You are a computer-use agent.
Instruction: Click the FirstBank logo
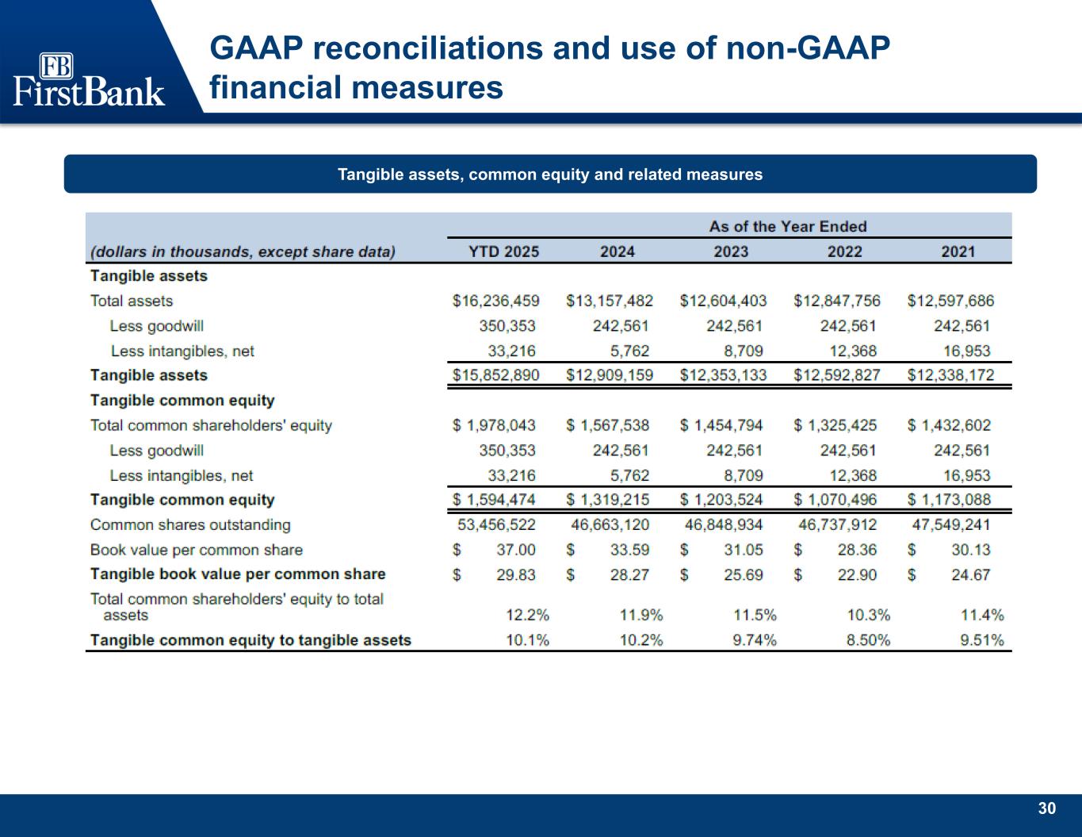point(89,79)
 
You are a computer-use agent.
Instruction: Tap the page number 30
point(1047,808)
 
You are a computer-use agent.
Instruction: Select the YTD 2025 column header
point(503,251)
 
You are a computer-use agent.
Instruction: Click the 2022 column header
point(844,251)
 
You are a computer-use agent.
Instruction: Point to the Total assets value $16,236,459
point(495,301)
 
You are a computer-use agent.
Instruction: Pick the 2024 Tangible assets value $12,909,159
point(610,374)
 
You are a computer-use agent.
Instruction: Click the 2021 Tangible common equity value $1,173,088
point(949,500)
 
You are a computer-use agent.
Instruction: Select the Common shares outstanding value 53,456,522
point(496,524)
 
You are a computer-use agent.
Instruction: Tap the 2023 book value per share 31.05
point(744,550)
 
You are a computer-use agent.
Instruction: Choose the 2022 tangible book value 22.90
point(857,574)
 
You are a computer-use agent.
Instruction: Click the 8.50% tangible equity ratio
point(868,640)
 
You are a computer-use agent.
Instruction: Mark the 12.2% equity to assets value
point(527,615)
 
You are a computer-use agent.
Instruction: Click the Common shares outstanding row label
point(190,524)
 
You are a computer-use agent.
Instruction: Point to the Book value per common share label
point(196,550)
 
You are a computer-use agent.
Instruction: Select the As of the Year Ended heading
point(788,226)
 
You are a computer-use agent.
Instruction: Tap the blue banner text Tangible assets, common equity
point(550,174)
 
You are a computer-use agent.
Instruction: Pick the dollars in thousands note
point(243,251)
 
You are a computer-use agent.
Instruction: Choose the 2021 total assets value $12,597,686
point(950,301)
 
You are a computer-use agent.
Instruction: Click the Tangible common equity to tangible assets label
point(250,640)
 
